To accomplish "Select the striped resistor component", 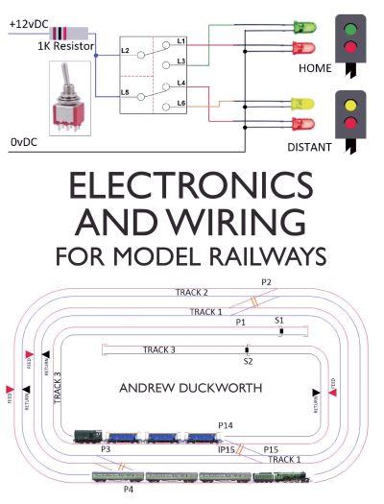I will [x=60, y=32].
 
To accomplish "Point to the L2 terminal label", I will [x=126, y=48].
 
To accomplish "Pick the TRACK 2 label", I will [x=191, y=292].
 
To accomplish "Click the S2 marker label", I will [x=247, y=361].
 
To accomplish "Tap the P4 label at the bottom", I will [x=129, y=489].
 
